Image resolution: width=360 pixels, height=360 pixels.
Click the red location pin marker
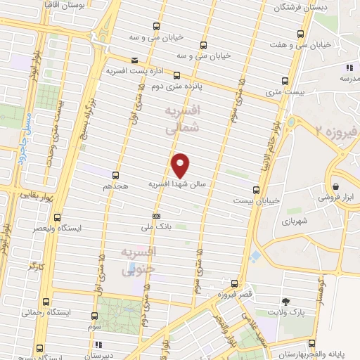click(181, 165)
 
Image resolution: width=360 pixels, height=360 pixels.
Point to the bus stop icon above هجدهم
click(115, 176)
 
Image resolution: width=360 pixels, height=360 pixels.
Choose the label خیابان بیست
click(256, 200)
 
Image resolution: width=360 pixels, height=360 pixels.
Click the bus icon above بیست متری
click(285, 80)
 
